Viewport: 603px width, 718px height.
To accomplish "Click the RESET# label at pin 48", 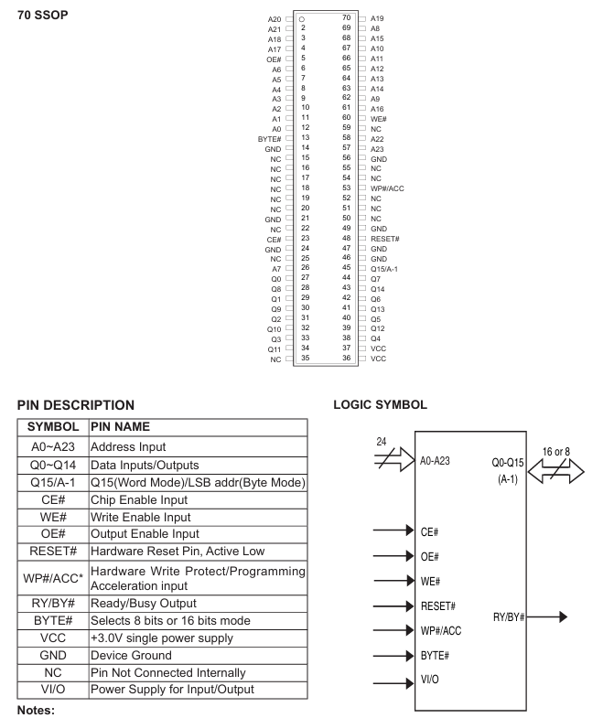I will (386, 238).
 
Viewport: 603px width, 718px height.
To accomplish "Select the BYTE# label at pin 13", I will (271, 137).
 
